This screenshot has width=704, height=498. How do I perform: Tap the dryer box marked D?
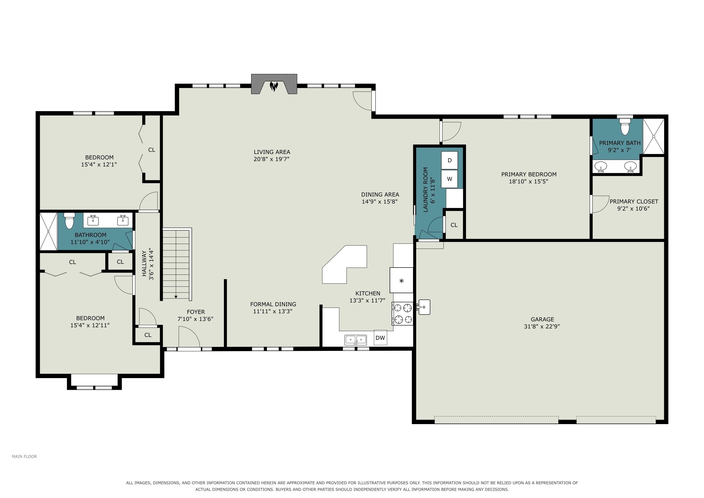pos(449,160)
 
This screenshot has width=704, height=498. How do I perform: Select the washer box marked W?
pos(449,179)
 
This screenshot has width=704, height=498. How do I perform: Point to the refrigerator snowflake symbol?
pos(401,281)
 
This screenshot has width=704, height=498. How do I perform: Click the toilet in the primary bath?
pos(625,127)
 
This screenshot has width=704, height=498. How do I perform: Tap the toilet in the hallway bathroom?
pos(70,221)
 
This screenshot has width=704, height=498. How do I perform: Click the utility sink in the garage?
pos(423,307)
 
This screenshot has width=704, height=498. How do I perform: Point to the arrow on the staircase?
pos(176,296)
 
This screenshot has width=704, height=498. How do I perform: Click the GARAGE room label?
pos(542,319)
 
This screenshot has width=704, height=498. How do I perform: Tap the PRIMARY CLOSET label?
pos(634,202)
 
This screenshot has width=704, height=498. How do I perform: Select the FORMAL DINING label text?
pos(273,304)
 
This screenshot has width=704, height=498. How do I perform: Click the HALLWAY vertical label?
pos(144,263)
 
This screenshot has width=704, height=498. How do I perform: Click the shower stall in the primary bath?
pos(653,136)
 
